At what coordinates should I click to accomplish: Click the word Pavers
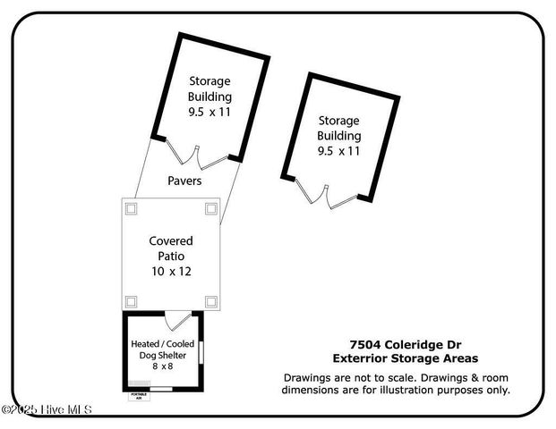pos(184,181)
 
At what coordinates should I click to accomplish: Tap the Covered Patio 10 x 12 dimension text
pos(170,270)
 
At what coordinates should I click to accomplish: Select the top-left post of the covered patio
pos(131,208)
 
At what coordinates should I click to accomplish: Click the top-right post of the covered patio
pos(210,208)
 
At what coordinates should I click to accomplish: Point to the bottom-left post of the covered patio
pos(131,300)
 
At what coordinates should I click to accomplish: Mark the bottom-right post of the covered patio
pos(210,300)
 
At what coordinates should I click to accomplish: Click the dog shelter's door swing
pos(178,321)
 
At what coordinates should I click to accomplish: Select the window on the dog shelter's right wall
pos(201,352)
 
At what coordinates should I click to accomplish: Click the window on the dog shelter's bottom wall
pos(162,390)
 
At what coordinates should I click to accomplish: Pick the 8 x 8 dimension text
pos(162,366)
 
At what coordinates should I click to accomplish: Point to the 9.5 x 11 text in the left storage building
pos(210,112)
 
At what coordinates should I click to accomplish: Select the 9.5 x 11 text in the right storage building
pos(338,151)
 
